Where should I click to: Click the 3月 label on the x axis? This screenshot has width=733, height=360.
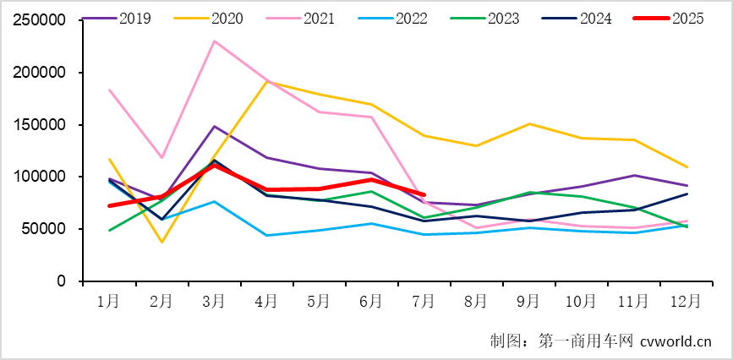[214, 300]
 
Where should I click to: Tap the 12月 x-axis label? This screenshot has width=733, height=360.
[685, 300]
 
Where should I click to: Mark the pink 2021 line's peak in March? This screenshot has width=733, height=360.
[214, 41]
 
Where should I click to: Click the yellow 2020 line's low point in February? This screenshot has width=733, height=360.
[161, 243]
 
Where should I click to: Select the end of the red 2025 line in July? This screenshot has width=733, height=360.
[424, 194]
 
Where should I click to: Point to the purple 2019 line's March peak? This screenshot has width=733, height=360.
[214, 127]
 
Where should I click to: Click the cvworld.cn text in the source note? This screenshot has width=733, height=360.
[676, 341]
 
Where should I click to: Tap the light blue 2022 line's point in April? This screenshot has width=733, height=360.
[266, 235]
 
